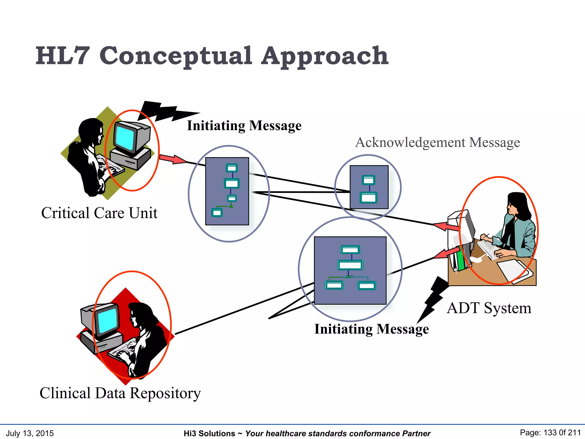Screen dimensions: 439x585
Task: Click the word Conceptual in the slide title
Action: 175,56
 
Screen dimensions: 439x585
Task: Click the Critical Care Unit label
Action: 99,213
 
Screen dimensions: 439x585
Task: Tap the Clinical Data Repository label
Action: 120,393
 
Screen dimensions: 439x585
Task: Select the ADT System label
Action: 489,308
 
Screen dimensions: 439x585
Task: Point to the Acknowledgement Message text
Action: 437,142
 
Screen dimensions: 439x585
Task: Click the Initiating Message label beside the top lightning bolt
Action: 244,125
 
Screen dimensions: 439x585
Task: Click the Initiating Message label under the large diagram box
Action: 371,329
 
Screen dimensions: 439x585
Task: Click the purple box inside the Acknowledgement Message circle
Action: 369,187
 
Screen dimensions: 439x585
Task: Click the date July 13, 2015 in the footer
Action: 30,433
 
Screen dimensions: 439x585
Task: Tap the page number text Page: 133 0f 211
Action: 550,433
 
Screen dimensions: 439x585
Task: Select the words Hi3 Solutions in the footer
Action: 209,434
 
